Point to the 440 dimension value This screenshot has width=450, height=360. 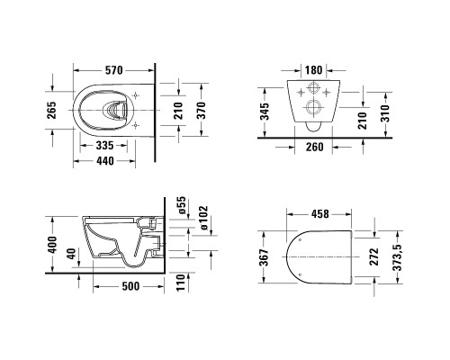pyautogui.click(x=106, y=162)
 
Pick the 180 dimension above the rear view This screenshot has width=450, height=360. pyautogui.click(x=313, y=69)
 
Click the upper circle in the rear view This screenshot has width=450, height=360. pyautogui.click(x=312, y=90)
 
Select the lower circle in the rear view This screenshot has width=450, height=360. pyautogui.click(x=312, y=108)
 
